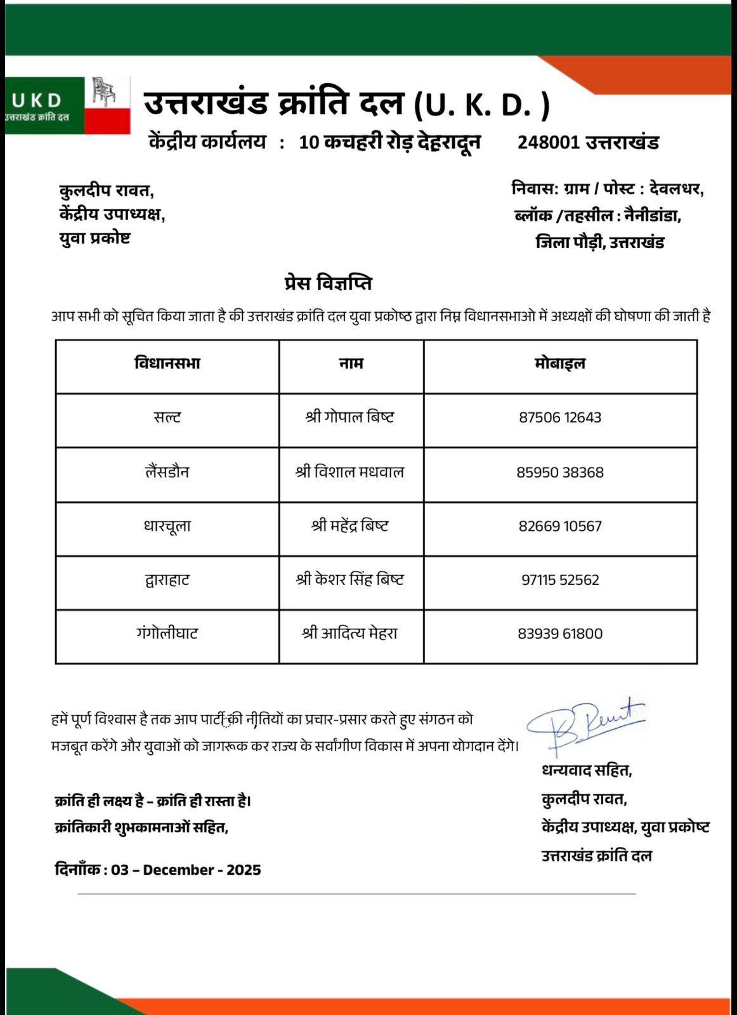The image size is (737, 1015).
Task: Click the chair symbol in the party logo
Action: click(104, 92)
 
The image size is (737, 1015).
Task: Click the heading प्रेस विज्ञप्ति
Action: click(328, 283)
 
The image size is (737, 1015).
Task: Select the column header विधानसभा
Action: click(167, 363)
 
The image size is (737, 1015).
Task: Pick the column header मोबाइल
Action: click(560, 363)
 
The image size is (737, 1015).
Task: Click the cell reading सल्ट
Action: click(167, 417)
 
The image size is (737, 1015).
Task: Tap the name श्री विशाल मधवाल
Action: click(350, 472)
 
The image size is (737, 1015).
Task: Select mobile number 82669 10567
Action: click(560, 526)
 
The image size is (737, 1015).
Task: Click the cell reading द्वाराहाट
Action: click(167, 580)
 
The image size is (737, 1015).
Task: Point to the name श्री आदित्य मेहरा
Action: click(350, 633)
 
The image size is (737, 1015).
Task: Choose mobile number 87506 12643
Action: click(560, 417)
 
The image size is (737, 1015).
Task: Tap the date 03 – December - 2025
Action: click(186, 870)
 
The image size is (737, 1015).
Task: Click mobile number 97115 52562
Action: click(560, 580)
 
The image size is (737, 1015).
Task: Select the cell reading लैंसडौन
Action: click(167, 472)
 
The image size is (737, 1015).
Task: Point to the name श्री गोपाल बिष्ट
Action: click(350, 417)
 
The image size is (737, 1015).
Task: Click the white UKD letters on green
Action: click(37, 100)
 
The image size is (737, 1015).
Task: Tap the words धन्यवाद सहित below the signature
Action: click(587, 771)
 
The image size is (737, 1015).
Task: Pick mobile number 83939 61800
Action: click(560, 633)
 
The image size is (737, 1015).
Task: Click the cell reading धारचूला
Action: click(167, 526)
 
